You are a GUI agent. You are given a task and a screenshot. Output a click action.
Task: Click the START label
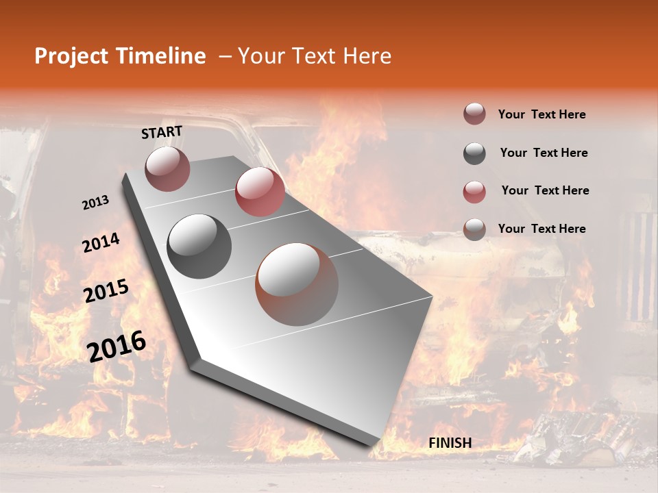(x=162, y=132)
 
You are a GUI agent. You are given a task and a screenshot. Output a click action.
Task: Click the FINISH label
(x=450, y=443)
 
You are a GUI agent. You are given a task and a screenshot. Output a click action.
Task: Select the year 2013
(x=95, y=203)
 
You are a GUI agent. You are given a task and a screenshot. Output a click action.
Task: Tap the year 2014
(x=101, y=243)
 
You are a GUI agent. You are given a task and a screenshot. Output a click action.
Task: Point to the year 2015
(x=106, y=291)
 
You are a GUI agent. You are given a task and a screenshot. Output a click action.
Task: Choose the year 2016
(x=117, y=346)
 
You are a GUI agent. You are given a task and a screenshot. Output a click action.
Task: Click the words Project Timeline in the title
(x=120, y=56)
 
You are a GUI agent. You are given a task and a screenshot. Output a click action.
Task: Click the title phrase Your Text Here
(x=314, y=56)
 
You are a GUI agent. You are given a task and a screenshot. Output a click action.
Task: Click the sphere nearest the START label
(x=167, y=168)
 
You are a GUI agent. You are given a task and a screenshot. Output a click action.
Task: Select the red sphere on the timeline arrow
(x=260, y=192)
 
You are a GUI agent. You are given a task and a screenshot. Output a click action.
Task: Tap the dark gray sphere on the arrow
(x=199, y=246)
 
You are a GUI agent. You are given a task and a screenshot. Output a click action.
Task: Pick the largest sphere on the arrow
(x=297, y=284)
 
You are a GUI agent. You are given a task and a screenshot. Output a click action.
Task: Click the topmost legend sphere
(x=474, y=114)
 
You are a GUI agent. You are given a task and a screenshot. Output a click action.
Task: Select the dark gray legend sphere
(x=474, y=153)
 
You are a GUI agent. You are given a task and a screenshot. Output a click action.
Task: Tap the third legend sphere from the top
(x=474, y=192)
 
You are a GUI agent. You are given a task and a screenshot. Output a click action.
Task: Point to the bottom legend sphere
(x=474, y=229)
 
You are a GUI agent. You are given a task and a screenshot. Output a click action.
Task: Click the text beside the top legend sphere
(x=541, y=115)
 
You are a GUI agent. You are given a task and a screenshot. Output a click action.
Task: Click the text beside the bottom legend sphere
(x=541, y=229)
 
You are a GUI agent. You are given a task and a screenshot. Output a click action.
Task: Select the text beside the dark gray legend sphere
(x=544, y=153)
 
